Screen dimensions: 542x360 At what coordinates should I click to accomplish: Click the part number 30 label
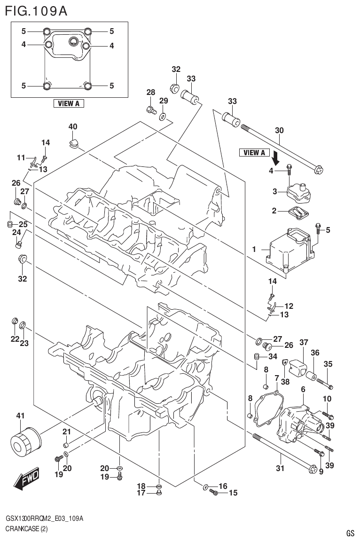[x=279, y=130]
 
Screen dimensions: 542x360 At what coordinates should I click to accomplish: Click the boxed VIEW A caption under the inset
[x=69, y=103]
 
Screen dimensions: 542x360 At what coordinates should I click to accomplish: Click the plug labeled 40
[x=73, y=141]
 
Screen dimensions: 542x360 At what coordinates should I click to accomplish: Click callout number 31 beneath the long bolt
[x=280, y=468]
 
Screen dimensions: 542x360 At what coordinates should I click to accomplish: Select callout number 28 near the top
[x=150, y=92]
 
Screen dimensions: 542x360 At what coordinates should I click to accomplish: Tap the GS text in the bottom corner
[x=350, y=533]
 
